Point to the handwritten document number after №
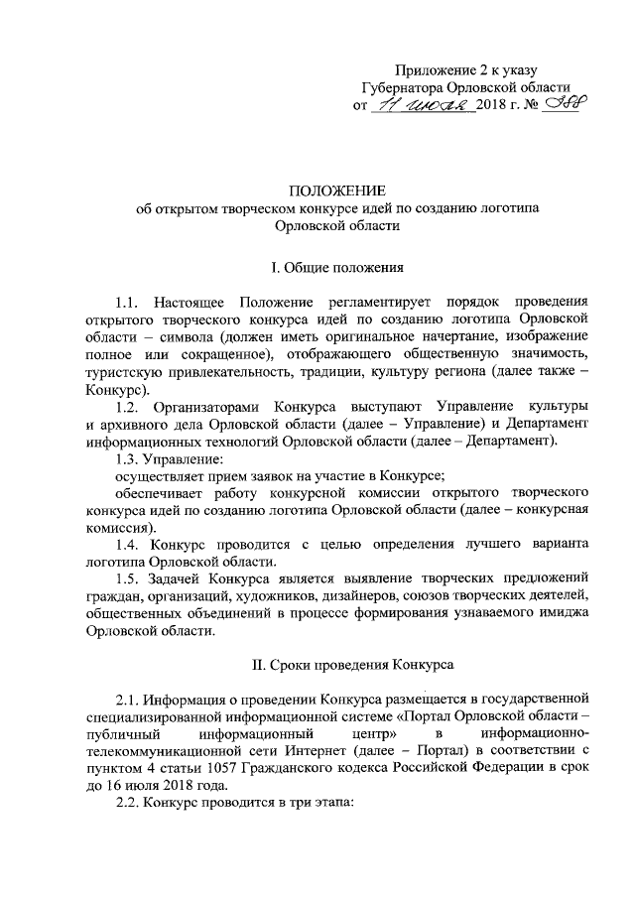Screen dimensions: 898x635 (x=559, y=104)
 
